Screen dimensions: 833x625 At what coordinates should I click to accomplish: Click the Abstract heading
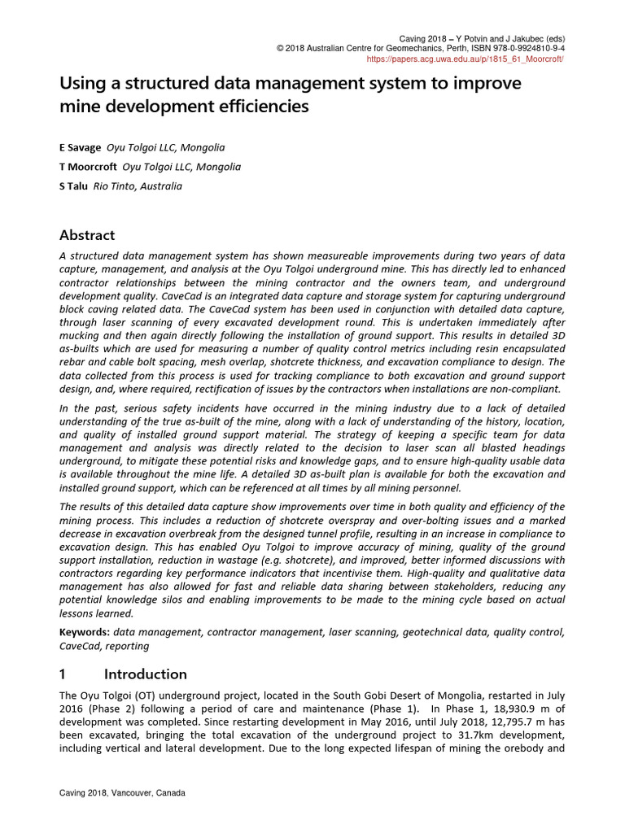[88, 235]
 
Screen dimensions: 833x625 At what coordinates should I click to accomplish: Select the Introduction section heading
[145, 674]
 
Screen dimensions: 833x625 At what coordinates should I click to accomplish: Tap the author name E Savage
[80, 147]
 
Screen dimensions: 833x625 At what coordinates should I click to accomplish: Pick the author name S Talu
[74, 186]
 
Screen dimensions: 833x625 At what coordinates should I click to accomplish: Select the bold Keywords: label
[85, 632]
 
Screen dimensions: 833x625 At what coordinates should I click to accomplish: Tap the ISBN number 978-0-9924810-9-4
[522, 49]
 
